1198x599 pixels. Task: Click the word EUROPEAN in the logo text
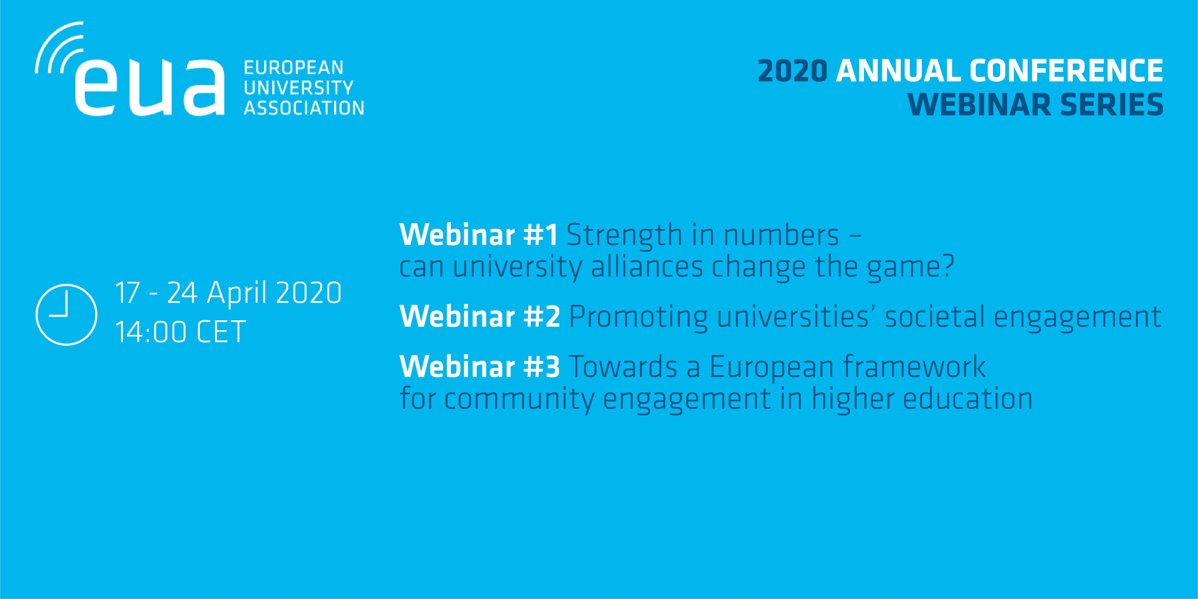click(293, 68)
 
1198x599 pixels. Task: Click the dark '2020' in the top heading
click(792, 71)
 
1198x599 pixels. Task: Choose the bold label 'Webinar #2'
click(480, 316)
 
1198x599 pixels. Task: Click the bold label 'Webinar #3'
click(480, 366)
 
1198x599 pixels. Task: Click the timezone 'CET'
click(221, 332)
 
